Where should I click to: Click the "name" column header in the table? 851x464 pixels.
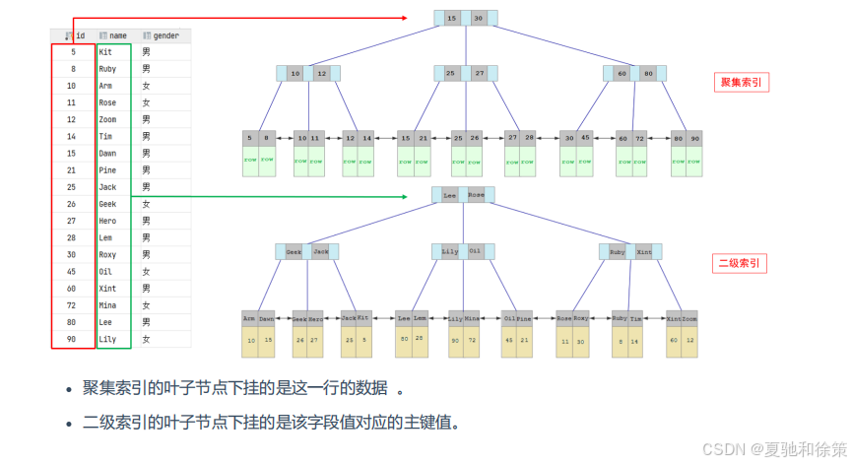coord(117,35)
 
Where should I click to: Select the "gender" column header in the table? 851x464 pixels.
coord(165,35)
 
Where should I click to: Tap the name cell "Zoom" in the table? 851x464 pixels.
coord(107,119)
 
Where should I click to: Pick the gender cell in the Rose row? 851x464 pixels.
coord(146,102)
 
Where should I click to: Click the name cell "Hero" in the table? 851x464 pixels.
coord(107,221)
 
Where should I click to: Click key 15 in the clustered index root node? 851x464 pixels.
coord(452,19)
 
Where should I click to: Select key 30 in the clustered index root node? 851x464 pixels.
coord(479,19)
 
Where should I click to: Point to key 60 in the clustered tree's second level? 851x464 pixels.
coord(622,74)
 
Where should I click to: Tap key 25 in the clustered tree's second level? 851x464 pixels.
coord(450,74)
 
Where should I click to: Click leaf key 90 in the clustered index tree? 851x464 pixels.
coord(694,139)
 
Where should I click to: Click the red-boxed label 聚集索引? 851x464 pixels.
coord(741,83)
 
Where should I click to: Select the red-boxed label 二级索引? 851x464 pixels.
coord(740,263)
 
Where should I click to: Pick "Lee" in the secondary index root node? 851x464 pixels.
coord(450,196)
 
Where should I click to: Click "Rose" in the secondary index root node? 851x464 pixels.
coord(477,196)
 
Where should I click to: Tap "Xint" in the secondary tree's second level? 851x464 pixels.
coord(644,252)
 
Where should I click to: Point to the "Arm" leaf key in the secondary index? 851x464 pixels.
coord(250,319)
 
